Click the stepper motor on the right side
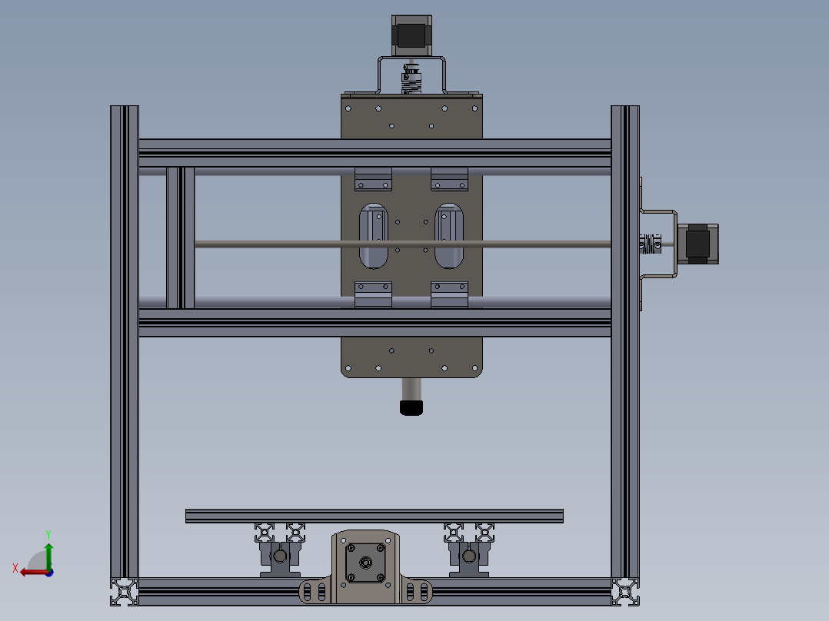coord(697,244)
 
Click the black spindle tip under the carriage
coord(411,407)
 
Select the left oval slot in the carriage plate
coord(374,236)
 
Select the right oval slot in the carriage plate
coord(449,236)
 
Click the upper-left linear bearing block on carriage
coord(373,179)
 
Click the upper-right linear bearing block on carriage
coord(449,179)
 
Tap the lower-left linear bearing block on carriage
coord(373,294)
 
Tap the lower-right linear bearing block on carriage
coord(449,294)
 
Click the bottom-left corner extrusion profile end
coord(124,591)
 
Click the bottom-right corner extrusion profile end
coord(625,591)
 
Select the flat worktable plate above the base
coord(374,516)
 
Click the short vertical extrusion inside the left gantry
coord(181,237)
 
